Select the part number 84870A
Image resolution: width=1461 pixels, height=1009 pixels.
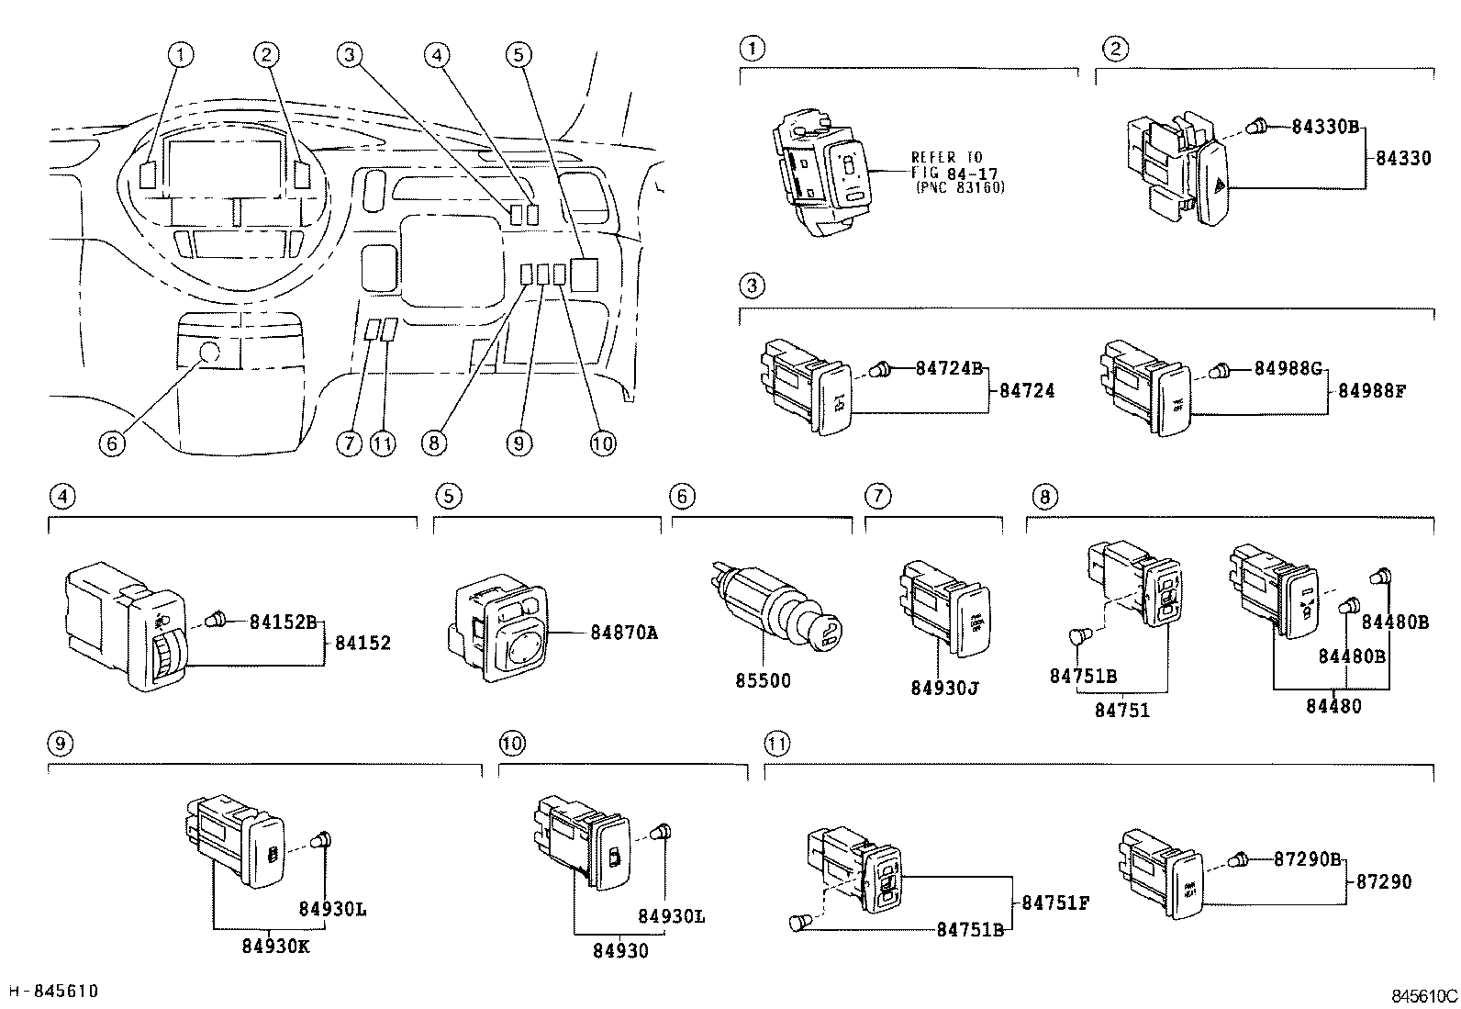pos(625,633)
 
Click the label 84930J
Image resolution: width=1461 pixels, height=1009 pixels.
pos(945,688)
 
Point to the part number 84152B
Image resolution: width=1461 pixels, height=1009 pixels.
pos(283,622)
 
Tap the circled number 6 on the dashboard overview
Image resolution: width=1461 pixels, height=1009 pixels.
pos(111,443)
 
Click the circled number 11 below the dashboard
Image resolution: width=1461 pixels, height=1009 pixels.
pos(383,443)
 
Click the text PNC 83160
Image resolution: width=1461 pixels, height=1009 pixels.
pos(960,187)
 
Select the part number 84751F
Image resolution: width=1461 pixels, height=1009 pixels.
pos(1055,902)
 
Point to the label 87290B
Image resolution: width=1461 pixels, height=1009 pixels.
pos(1308,859)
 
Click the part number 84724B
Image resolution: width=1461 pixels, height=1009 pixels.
pos(949,368)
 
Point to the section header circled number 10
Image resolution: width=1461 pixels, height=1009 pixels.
pos(511,743)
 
